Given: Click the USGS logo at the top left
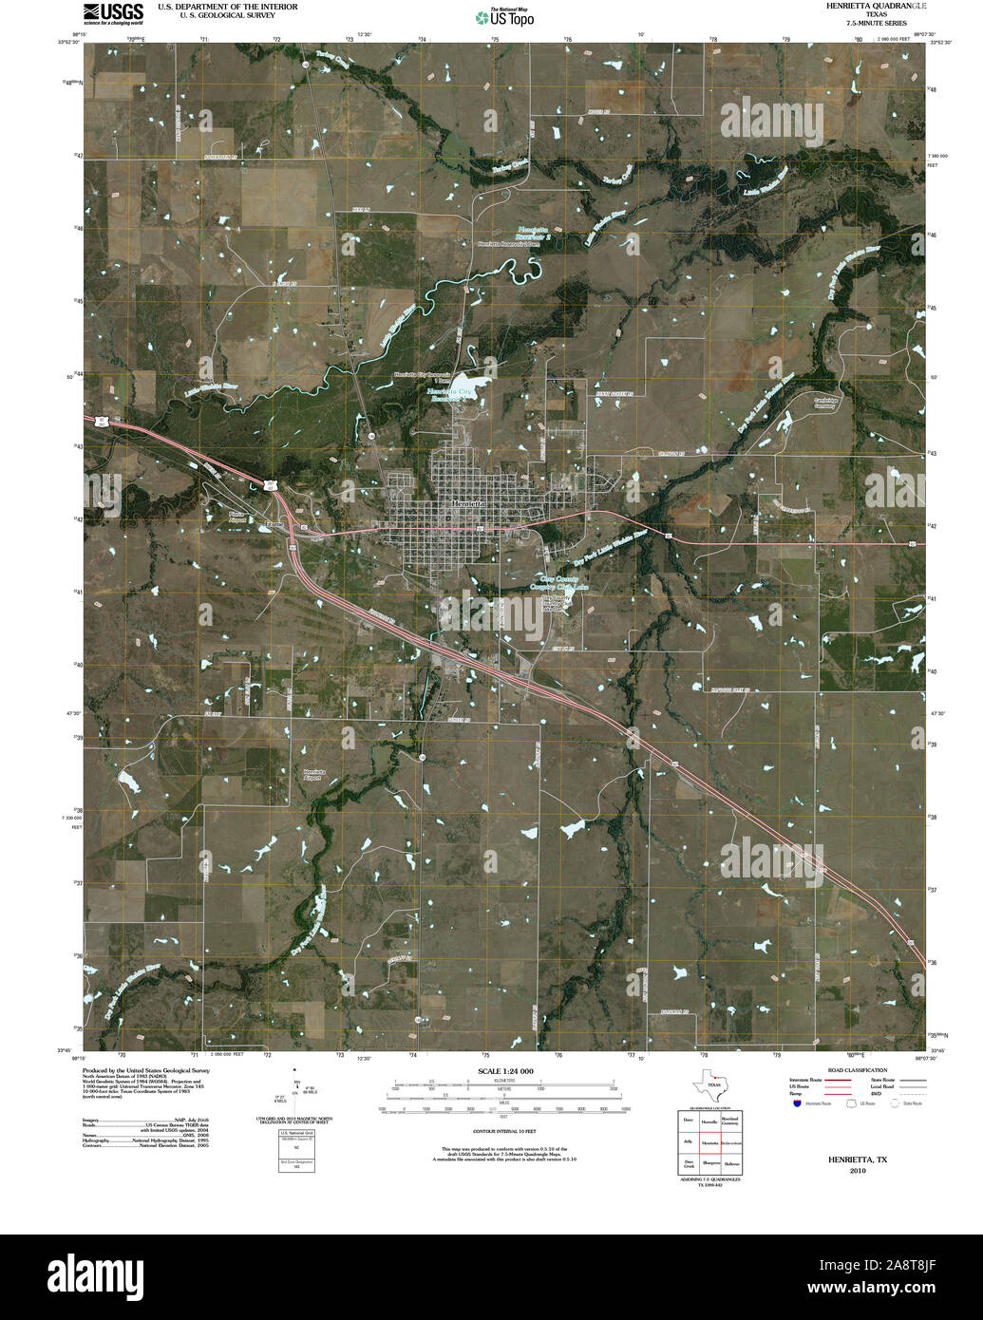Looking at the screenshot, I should click(113, 12).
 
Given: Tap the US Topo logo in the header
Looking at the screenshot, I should click(504, 17).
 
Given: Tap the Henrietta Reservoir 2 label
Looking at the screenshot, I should click(535, 234).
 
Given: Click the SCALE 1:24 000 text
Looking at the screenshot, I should click(501, 1071).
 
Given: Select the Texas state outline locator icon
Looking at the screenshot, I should click(709, 1084).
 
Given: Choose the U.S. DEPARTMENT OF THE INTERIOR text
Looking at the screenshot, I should click(227, 7).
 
